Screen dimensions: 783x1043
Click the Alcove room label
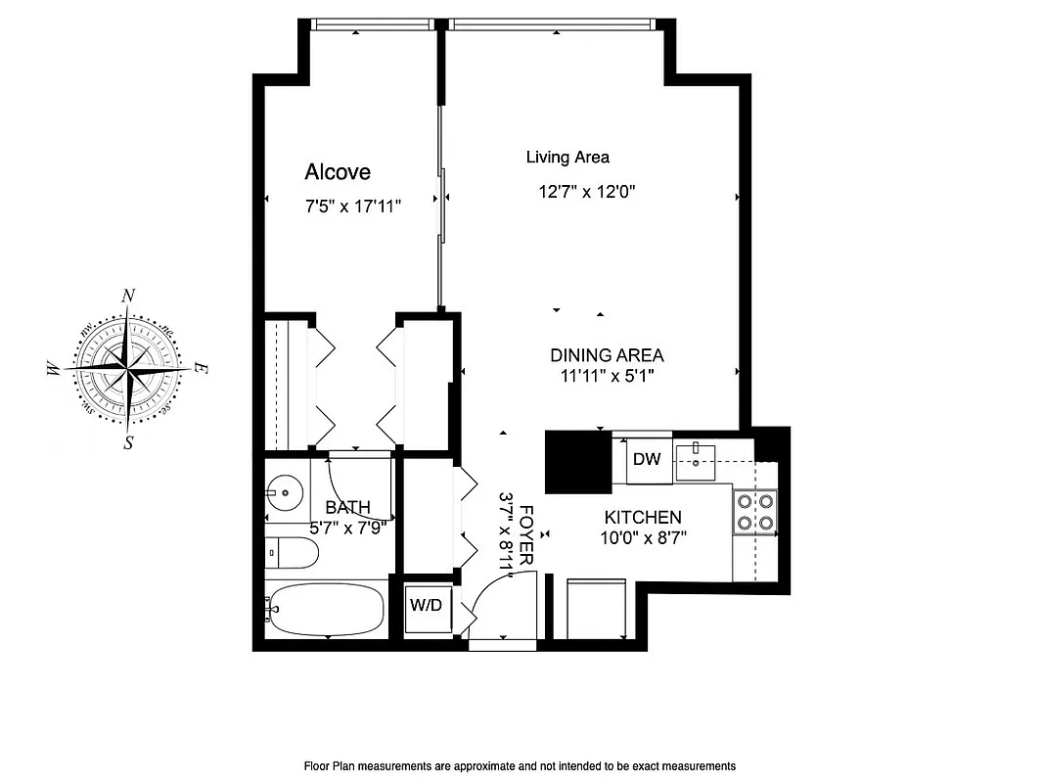coord(338,172)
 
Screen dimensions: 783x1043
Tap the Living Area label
coord(567,157)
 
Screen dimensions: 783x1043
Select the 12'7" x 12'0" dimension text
coord(587,192)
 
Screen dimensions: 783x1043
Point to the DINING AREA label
coord(607,355)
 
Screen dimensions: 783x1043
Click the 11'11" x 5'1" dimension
coord(607,375)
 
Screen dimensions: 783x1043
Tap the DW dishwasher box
coord(647,459)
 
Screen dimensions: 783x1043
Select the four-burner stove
coord(755,510)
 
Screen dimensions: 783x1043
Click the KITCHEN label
coord(643,518)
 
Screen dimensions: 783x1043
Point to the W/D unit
coord(426,606)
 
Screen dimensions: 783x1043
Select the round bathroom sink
coord(283,492)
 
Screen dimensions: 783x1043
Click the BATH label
coord(347,507)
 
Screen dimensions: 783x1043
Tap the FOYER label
coord(526,533)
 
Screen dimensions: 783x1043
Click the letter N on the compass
coord(127,297)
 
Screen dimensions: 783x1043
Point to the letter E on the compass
coord(200,368)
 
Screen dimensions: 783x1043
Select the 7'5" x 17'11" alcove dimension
coord(353,207)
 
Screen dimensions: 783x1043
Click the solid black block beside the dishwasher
coord(577,462)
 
